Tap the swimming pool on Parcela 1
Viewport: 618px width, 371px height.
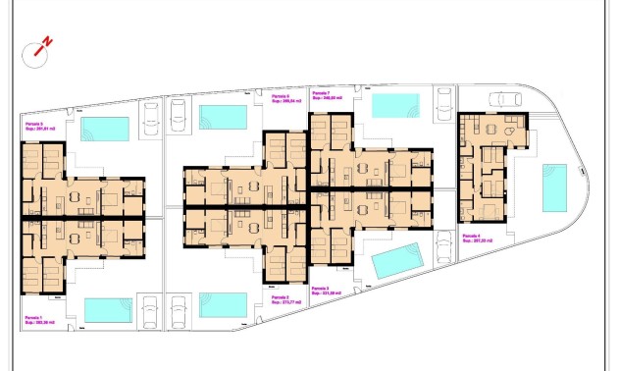click(108, 309)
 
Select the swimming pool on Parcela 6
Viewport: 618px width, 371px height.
click(222, 117)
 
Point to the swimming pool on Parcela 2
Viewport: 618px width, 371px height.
click(222, 304)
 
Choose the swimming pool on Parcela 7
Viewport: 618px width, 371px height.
click(395, 105)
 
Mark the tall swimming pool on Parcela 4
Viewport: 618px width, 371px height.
click(554, 187)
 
